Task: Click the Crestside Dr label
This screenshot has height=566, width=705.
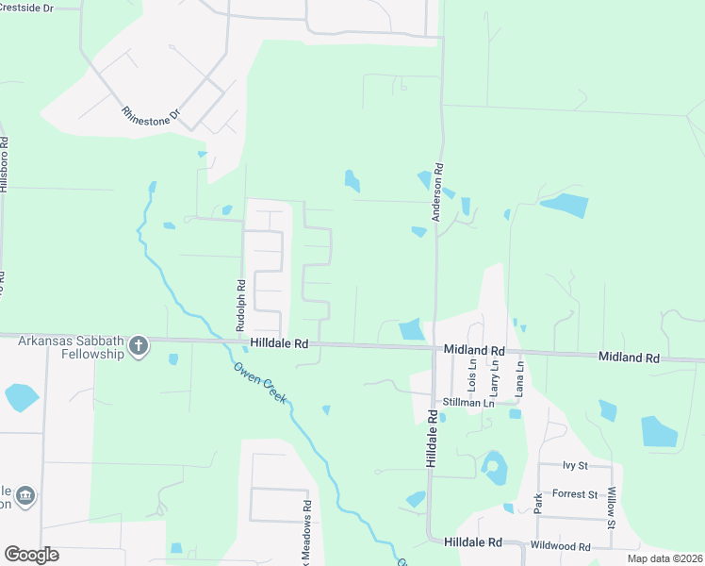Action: tap(26, 7)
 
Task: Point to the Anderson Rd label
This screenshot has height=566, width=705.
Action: tap(437, 192)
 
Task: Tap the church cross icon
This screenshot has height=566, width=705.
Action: tap(139, 345)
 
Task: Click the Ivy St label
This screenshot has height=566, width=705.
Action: tap(574, 465)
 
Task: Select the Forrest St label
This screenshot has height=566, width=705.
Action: tap(575, 493)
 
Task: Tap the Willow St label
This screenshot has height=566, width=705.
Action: tap(612, 508)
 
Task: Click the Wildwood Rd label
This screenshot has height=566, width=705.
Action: tap(560, 546)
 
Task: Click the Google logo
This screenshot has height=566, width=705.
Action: tap(31, 555)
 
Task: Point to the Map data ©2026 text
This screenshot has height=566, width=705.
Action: tap(664, 558)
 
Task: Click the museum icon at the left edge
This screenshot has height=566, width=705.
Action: tap(25, 495)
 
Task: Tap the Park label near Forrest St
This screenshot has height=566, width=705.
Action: tap(538, 502)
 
